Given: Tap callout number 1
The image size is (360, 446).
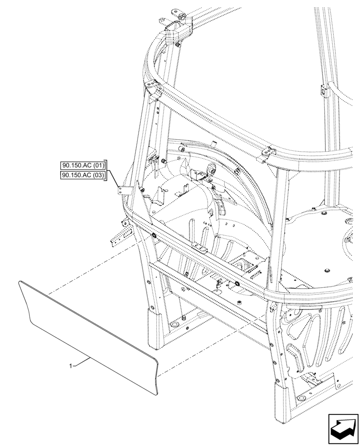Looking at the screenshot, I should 71,366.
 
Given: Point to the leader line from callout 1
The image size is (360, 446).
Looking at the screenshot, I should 82,362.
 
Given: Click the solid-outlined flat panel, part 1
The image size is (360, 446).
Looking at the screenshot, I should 89,334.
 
